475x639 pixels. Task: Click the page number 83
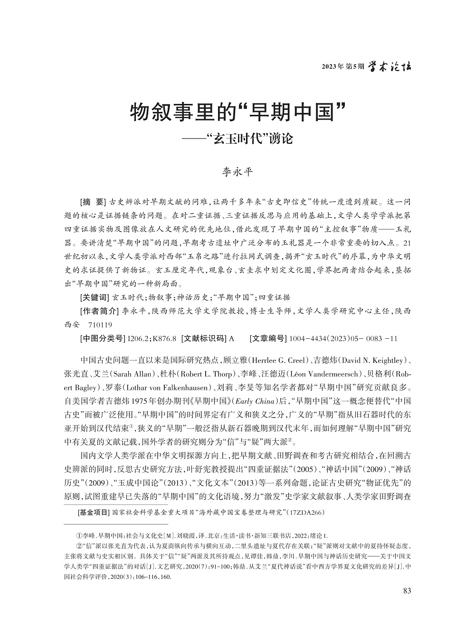click(x=406, y=591)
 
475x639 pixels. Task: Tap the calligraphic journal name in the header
click(x=390, y=66)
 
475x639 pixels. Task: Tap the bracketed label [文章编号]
click(x=267, y=338)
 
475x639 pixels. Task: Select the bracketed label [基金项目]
click(x=93, y=513)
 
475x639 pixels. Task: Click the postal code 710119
click(x=100, y=325)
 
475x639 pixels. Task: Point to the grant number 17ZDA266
click(x=306, y=513)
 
